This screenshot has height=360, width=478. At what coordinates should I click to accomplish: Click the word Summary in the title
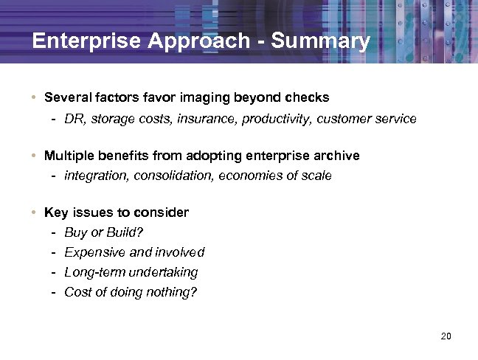tap(321, 41)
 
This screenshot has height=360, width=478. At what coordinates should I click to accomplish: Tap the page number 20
tap(445, 336)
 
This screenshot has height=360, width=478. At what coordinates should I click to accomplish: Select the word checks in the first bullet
tap(310, 97)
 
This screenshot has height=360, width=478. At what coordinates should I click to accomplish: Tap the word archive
tap(336, 155)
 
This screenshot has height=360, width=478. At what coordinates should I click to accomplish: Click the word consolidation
tap(171, 176)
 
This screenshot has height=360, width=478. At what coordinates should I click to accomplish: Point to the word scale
tap(316, 176)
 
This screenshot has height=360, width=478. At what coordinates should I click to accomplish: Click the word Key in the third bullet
tap(55, 212)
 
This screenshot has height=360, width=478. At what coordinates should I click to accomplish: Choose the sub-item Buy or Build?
tap(104, 232)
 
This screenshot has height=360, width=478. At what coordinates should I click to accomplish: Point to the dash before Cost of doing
tap(55, 292)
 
